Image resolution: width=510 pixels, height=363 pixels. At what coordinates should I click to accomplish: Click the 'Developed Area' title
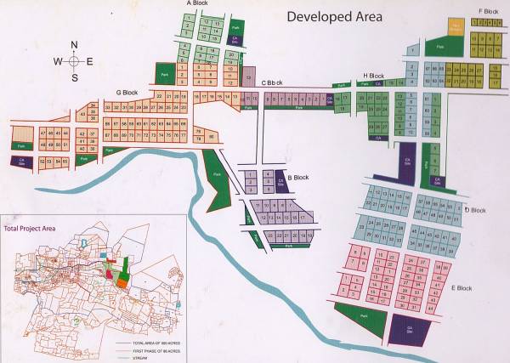[x=334, y=16]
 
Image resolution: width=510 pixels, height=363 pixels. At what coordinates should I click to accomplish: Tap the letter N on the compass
[x=74, y=45]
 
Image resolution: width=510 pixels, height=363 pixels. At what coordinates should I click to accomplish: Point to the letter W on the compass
[x=58, y=61]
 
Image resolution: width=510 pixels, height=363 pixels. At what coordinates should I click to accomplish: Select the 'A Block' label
[x=197, y=4]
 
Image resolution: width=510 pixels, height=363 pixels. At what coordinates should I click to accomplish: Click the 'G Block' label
[x=127, y=92]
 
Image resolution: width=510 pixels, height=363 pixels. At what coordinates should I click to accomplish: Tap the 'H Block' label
[x=373, y=76]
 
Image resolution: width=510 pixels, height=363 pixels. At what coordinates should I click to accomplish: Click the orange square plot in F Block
[x=456, y=27]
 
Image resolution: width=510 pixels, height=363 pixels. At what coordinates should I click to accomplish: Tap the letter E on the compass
[x=90, y=61]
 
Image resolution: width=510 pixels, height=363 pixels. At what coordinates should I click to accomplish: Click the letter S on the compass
[x=74, y=77]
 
